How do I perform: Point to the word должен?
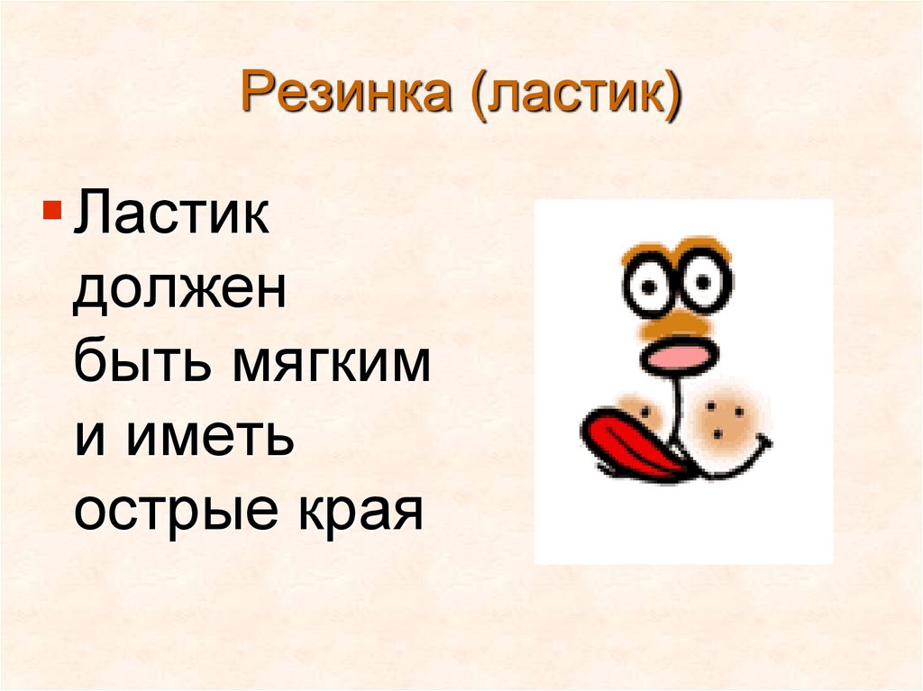coord(179,294)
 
